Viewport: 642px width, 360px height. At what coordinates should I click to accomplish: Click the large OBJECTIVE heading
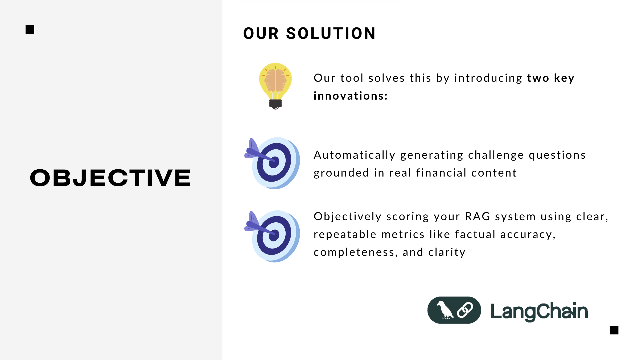pos(110,178)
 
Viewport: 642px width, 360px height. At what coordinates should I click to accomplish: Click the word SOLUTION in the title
pos(331,34)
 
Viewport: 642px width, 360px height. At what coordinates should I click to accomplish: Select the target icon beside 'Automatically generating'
pos(272,163)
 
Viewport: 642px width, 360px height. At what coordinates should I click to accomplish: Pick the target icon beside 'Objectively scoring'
pos(272,236)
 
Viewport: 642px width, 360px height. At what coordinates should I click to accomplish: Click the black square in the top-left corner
pos(30,30)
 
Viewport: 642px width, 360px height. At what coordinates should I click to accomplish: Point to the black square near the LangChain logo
pos(614,330)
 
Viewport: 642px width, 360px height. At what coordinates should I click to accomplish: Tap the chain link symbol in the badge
pos(465,310)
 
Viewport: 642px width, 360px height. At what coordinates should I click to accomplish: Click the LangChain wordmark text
pos(539,311)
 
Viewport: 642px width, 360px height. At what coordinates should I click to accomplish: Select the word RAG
pos(478,216)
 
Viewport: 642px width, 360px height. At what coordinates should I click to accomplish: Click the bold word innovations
pos(351,96)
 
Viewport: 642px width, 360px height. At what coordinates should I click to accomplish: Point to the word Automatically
pos(355,155)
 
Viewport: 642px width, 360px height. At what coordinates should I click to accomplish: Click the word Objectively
pos(348,217)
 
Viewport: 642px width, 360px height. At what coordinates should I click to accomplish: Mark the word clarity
pos(447,252)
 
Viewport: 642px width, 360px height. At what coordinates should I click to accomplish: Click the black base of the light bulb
pos(275,104)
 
